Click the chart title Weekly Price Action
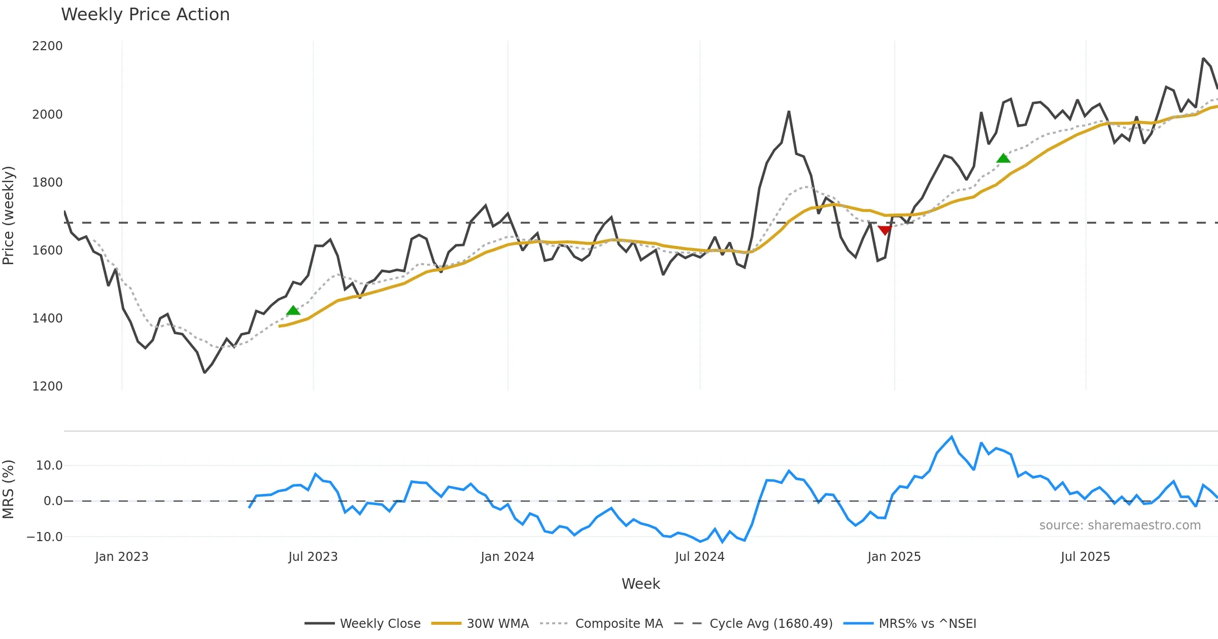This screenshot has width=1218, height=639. [x=145, y=15]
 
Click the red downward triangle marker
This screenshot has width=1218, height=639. [x=885, y=231]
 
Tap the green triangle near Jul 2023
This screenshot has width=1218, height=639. [x=293, y=310]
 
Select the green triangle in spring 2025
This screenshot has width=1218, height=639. [x=1003, y=158]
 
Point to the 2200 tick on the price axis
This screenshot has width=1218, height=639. [x=47, y=46]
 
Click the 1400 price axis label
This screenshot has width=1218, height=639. [x=47, y=318]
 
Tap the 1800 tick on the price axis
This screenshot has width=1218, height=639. [x=47, y=183]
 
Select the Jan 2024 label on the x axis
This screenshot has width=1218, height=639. [x=507, y=557]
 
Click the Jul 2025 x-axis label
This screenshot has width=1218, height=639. [x=1086, y=557]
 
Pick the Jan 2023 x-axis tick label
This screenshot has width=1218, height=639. [x=122, y=557]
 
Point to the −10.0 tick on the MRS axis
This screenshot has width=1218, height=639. [x=45, y=537]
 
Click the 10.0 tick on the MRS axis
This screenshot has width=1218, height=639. [x=49, y=466]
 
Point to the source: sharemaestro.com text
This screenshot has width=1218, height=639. [x=1120, y=525]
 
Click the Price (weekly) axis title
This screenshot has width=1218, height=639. [x=9, y=216]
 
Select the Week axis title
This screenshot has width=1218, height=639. [x=641, y=584]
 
